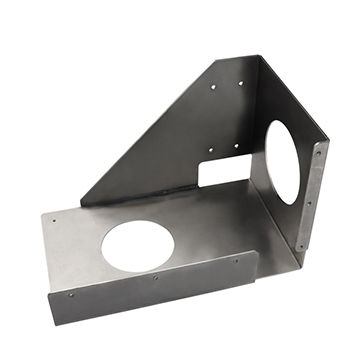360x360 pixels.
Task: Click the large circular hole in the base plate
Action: (x=138, y=245)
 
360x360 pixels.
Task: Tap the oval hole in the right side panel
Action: (x=283, y=162)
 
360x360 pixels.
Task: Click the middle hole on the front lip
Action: (x=155, y=277)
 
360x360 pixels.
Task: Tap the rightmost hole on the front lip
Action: (x=236, y=260)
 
